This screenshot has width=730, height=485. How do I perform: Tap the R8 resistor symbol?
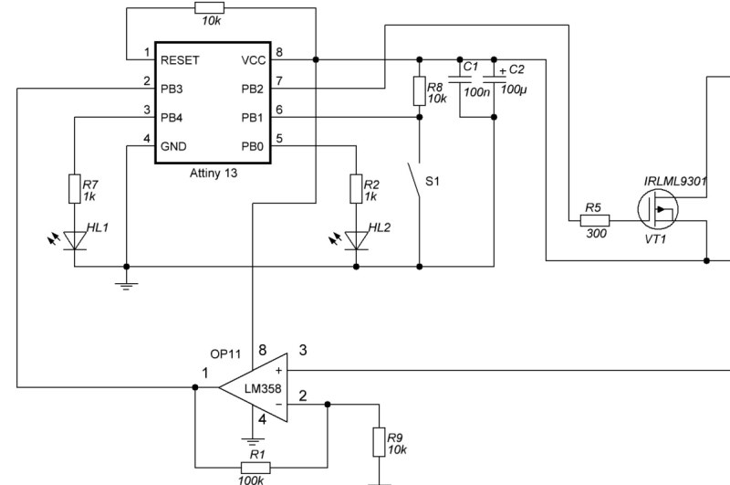[419, 91]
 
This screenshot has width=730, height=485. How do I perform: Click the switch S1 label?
[433, 182]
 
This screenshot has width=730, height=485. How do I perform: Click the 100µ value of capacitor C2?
[514, 92]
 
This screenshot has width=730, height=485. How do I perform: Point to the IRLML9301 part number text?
[676, 181]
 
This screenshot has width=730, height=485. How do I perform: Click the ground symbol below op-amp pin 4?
[258, 440]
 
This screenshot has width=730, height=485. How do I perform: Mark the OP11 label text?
[226, 353]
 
